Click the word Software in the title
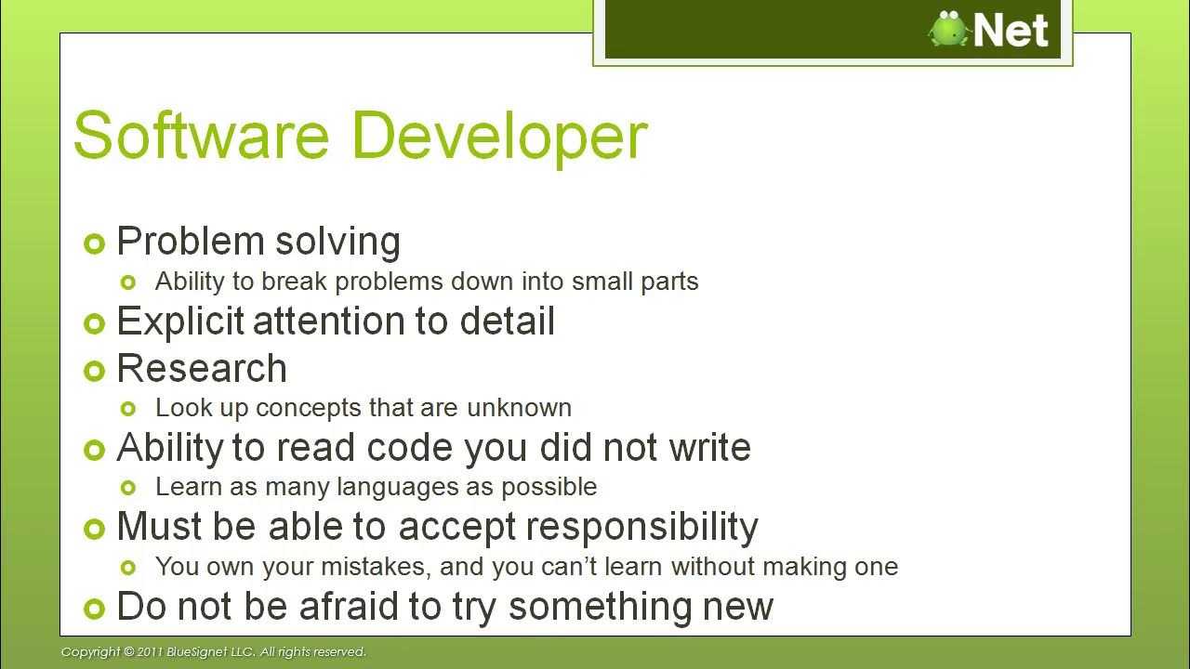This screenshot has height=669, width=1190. click(x=201, y=136)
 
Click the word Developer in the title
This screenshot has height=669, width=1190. click(x=499, y=138)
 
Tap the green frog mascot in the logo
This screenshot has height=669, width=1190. click(x=949, y=29)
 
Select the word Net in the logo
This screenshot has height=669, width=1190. click(x=1011, y=30)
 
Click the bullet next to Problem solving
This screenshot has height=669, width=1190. click(x=94, y=243)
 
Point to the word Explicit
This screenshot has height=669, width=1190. click(x=180, y=322)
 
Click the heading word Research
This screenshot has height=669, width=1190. click(x=202, y=369)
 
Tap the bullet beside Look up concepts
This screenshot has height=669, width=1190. click(x=129, y=408)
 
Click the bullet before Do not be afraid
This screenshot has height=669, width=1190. click(x=94, y=609)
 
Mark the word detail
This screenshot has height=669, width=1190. click(x=507, y=322)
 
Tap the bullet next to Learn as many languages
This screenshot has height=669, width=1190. click(x=129, y=487)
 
